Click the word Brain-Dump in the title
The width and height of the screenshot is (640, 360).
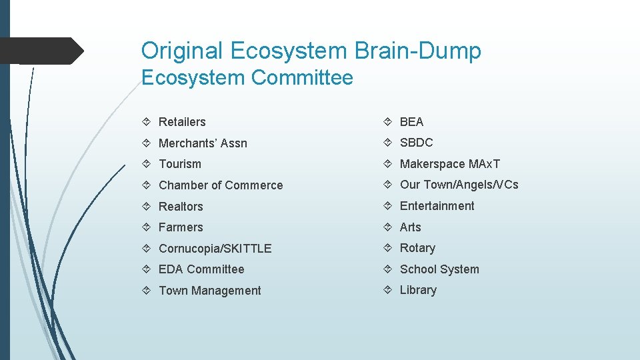pyautogui.click(x=419, y=51)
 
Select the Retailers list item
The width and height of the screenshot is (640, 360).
pyautogui.click(x=182, y=122)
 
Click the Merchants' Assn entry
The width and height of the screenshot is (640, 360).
pyautogui.click(x=203, y=143)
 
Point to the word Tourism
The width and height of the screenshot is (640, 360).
pyautogui.click(x=179, y=164)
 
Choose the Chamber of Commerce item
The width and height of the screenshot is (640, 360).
pyautogui.click(x=221, y=185)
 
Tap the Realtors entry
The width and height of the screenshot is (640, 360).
pyautogui.click(x=181, y=207)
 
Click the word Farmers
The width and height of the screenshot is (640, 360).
pyautogui.click(x=181, y=227)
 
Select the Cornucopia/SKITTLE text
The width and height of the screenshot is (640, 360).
pyautogui.click(x=215, y=249)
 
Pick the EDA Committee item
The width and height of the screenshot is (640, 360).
pyautogui.click(x=201, y=269)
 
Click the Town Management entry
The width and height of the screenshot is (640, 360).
pyautogui.click(x=209, y=291)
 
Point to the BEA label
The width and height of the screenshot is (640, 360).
pyautogui.click(x=411, y=122)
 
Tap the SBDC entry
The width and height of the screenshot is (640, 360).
pyautogui.click(x=416, y=143)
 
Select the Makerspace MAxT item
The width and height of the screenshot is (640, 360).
pyautogui.click(x=450, y=164)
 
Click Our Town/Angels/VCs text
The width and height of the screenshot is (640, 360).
pyautogui.click(x=459, y=185)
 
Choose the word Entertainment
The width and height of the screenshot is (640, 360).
pyautogui.click(x=437, y=206)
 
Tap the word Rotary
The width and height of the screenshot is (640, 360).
pyautogui.click(x=417, y=248)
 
